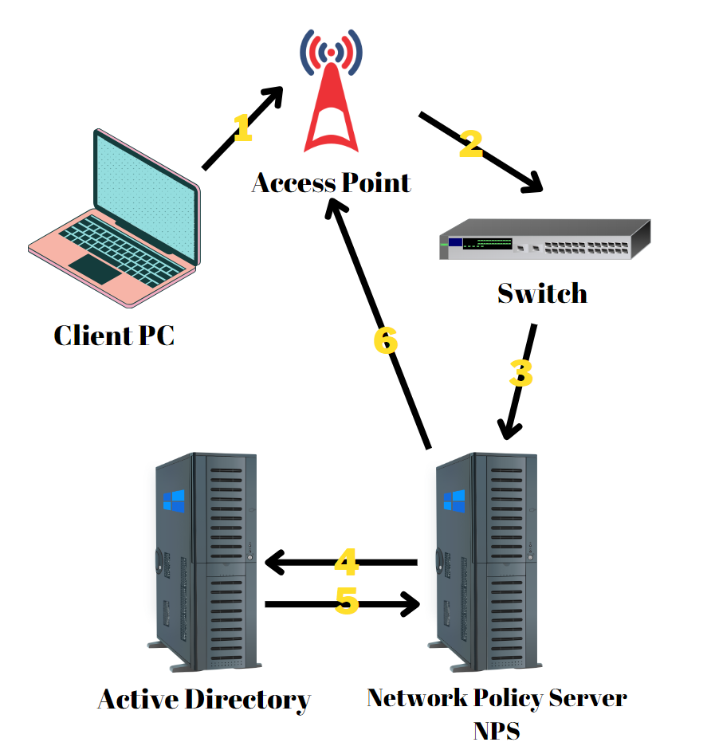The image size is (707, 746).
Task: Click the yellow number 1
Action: pyautogui.click(x=242, y=128)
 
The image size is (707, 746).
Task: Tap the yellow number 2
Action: pyautogui.click(x=471, y=143)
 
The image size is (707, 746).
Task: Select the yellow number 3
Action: pyautogui.click(x=520, y=373)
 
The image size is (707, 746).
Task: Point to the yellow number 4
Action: pyautogui.click(x=346, y=563)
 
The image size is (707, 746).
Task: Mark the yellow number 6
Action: pyautogui.click(x=386, y=340)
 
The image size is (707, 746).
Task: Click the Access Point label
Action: pyautogui.click(x=332, y=183)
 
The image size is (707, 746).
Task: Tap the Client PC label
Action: pyautogui.click(x=114, y=336)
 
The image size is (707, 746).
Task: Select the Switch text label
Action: pyautogui.click(x=542, y=293)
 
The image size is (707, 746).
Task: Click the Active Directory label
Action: pyautogui.click(x=204, y=700)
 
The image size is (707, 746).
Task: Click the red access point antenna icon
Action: pyautogui.click(x=331, y=92)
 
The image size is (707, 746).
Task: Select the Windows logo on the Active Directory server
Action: pyautogui.click(x=174, y=501)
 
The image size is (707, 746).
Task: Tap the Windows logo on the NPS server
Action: pyautogui.click(x=454, y=501)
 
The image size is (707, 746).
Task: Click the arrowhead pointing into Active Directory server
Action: pyautogui.click(x=273, y=563)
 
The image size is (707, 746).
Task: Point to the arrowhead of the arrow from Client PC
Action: pyautogui.click(x=274, y=96)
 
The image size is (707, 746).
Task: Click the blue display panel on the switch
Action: pyautogui.click(x=455, y=242)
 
